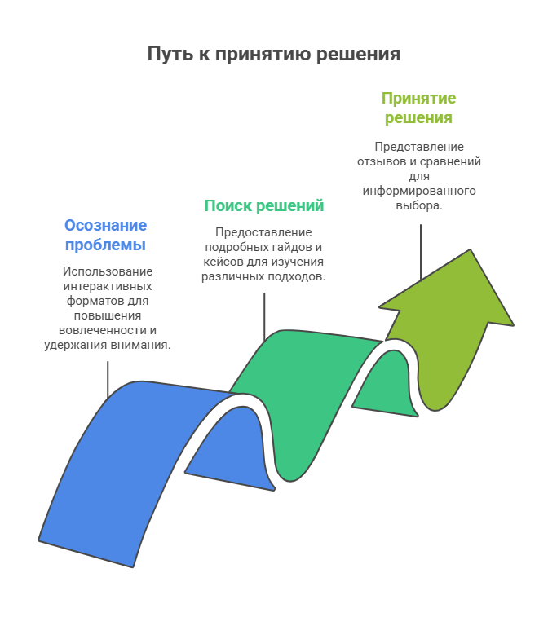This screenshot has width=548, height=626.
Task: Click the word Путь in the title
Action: (166, 54)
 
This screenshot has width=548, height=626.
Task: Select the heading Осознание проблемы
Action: (105, 235)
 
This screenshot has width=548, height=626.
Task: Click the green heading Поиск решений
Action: (263, 205)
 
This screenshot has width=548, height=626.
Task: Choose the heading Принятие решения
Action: (418, 108)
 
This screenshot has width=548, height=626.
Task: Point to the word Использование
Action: (107, 271)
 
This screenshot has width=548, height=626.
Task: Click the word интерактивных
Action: (107, 285)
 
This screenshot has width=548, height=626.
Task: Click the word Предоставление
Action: (263, 232)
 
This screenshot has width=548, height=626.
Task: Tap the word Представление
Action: (419, 147)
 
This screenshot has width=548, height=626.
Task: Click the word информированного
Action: (419, 191)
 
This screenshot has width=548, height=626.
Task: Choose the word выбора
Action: (418, 205)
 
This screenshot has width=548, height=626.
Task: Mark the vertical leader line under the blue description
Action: (108, 379)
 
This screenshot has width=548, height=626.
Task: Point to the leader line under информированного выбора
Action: (421, 253)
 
